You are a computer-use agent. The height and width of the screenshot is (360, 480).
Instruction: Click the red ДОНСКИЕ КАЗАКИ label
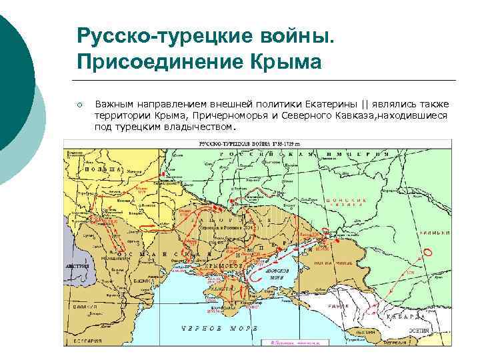tap(346, 204)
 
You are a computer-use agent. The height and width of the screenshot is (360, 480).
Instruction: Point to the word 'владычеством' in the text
tap(198, 126)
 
